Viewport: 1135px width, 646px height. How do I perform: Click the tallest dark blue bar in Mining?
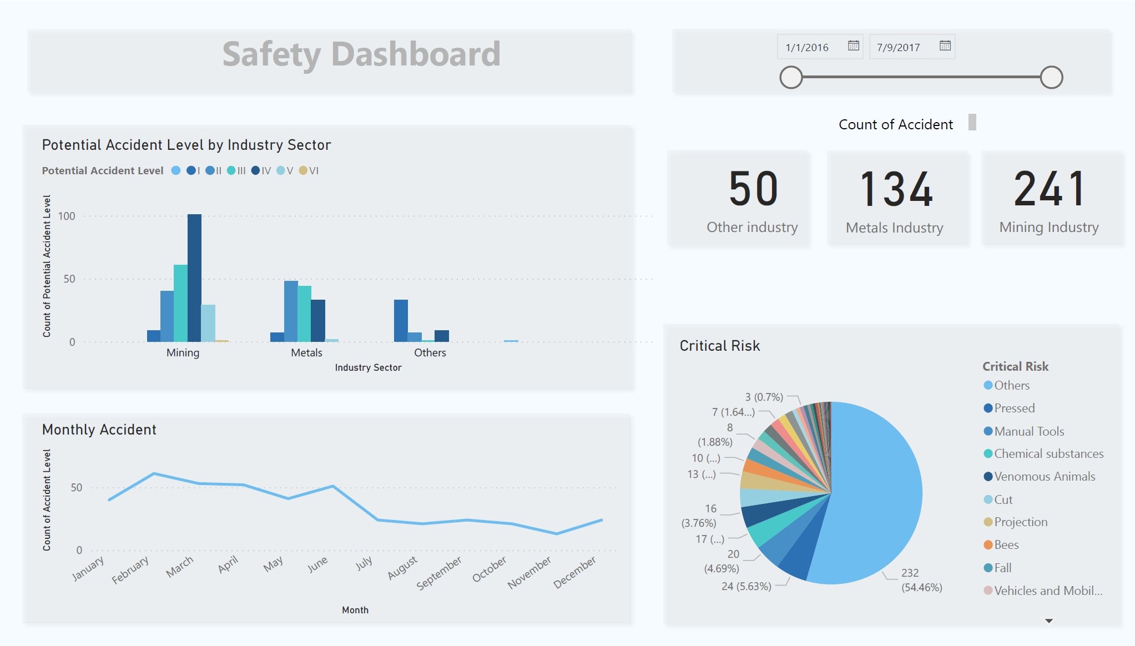tap(194, 277)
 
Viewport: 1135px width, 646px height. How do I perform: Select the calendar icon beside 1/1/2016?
tap(854, 46)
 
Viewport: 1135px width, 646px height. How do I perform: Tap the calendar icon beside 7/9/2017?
tap(945, 46)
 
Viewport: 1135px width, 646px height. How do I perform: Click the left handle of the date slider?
tap(791, 77)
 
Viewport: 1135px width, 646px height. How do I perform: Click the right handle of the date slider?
tap(1051, 77)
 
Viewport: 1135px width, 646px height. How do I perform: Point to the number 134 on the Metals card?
tap(896, 190)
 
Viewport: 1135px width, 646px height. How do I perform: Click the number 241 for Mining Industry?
tap(1049, 190)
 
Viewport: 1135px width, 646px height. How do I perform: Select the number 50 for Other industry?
tap(753, 189)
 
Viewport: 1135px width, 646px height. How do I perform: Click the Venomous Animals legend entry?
tap(1044, 476)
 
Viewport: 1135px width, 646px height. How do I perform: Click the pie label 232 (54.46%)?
tap(921, 580)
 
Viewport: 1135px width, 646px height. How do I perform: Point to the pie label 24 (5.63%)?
tap(746, 586)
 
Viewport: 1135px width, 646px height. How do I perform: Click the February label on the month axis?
tap(130, 569)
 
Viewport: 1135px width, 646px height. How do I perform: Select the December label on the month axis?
tap(575, 572)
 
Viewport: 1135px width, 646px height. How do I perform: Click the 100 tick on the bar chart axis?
tap(67, 216)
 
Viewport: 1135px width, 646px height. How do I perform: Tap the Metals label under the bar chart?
tap(306, 352)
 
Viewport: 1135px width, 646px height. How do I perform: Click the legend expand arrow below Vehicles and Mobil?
tap(1048, 620)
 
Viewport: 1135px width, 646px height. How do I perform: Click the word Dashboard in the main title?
tap(416, 54)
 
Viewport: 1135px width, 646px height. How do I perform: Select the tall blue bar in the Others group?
tap(401, 321)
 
